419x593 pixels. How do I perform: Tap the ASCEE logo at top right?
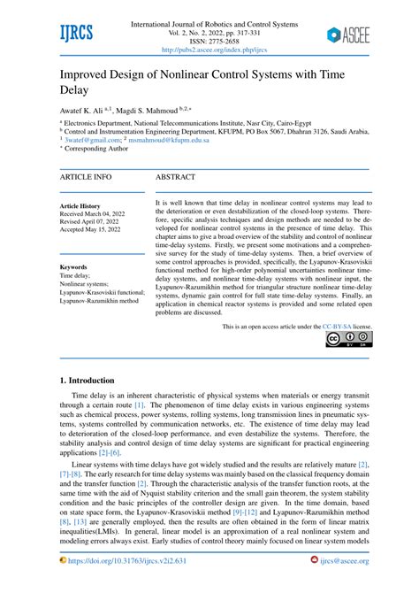pyautogui.click(x=347, y=35)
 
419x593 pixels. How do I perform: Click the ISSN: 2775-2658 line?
pyautogui.click(x=209, y=41)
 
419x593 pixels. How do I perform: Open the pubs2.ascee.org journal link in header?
pyautogui.click(x=209, y=51)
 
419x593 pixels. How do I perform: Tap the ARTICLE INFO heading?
pyautogui.click(x=86, y=177)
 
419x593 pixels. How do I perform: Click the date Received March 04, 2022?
pyautogui.click(x=98, y=214)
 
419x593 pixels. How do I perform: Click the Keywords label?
pyautogui.click(x=73, y=266)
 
